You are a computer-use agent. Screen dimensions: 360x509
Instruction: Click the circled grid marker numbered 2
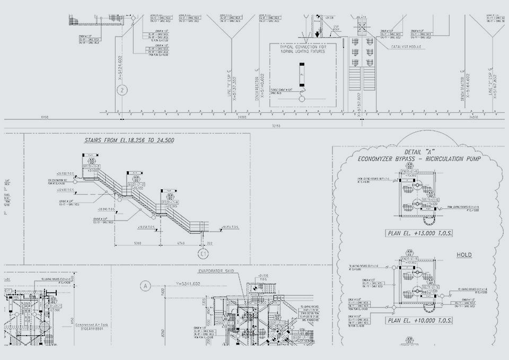point(121,90)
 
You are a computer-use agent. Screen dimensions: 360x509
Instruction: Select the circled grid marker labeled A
point(144,286)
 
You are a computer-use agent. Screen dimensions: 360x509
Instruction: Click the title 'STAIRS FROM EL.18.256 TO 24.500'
point(129,141)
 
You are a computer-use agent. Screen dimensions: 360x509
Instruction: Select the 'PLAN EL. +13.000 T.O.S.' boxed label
point(419,233)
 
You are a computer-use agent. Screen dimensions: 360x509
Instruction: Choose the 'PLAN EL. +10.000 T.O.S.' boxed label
point(419,320)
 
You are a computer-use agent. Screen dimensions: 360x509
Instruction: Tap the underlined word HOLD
point(464,255)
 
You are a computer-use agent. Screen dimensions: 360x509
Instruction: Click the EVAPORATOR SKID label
point(216,270)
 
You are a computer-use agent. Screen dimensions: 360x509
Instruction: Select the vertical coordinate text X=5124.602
point(120,67)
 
